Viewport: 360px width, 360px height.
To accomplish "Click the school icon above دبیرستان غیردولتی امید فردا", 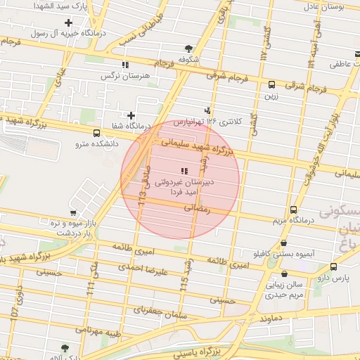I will [x=184, y=171].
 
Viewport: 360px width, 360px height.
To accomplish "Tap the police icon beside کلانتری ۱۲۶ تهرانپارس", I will [x=207, y=110].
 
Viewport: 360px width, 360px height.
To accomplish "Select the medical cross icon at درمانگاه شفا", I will [x=131, y=115].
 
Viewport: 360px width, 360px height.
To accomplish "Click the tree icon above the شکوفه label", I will [x=188, y=49].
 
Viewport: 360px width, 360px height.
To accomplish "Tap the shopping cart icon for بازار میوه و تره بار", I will [x=73, y=213].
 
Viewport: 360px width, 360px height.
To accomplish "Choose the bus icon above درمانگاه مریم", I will [x=293, y=210].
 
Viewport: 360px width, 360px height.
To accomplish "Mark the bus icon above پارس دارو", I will [x=333, y=266].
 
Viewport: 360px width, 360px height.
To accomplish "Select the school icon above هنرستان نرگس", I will [x=125, y=65].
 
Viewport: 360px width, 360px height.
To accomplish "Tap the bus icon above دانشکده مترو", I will [x=96, y=133].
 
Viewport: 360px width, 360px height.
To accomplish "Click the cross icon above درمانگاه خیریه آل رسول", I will [x=68, y=22].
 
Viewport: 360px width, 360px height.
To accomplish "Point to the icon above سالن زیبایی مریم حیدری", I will [x=284, y=274].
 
